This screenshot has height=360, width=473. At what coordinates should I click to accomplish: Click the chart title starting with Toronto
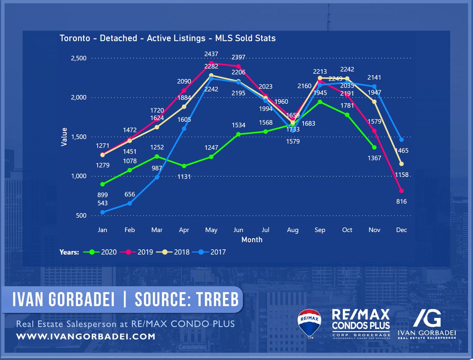tap(168, 38)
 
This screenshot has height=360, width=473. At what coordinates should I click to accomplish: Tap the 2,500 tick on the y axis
tap(78, 58)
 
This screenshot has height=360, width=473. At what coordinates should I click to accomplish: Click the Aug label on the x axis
tap(293, 230)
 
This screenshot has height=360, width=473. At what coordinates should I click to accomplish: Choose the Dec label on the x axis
tap(401, 230)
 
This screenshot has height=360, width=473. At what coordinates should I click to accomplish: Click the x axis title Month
tap(251, 239)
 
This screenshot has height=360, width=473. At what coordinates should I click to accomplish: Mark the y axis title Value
tap(63, 137)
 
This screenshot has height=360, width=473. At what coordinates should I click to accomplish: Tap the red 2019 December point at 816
tap(401, 191)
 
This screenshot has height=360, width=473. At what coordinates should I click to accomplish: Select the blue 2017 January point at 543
tap(103, 212)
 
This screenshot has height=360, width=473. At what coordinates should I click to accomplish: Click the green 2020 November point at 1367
tap(374, 147)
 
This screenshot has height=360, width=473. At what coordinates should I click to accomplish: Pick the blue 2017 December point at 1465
tap(401, 140)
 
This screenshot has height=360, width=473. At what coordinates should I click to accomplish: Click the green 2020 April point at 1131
tap(184, 166)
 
